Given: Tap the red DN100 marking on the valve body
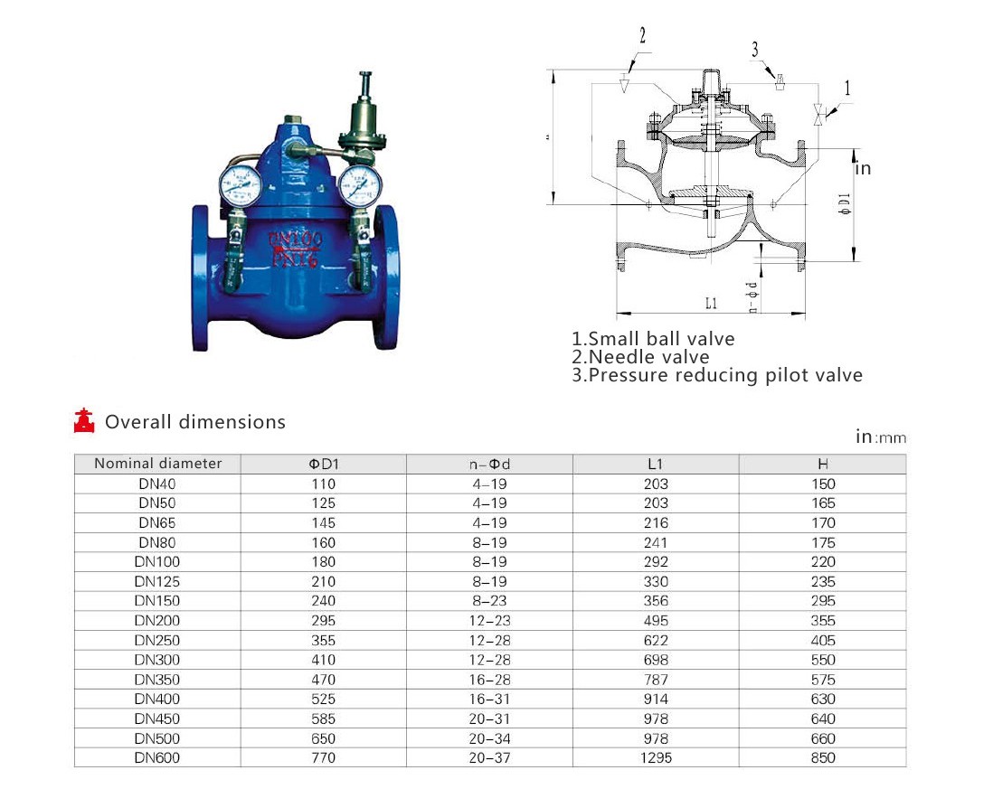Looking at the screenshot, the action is click(x=295, y=239).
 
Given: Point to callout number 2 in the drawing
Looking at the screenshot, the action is click(x=643, y=35).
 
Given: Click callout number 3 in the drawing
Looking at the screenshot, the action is click(x=755, y=50).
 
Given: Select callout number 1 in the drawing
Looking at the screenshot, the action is click(x=848, y=88).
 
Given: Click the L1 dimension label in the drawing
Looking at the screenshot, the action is click(x=712, y=303).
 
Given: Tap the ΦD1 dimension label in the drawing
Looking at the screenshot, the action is click(x=845, y=203).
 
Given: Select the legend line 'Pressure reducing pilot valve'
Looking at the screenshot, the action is click(x=717, y=375).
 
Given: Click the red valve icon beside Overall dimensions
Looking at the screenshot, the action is click(x=84, y=421).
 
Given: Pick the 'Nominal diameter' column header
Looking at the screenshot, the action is click(x=157, y=463).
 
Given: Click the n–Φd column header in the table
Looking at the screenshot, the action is click(x=489, y=465).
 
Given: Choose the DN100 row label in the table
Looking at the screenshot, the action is click(x=157, y=562).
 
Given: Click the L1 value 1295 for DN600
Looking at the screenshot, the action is click(x=656, y=758).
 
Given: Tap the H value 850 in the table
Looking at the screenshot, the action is click(x=823, y=758).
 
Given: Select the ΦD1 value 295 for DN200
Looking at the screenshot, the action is click(x=323, y=621).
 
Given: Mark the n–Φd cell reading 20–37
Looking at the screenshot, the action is click(x=489, y=758).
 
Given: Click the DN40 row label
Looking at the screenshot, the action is click(x=157, y=484).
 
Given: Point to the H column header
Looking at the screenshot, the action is click(x=823, y=465).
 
